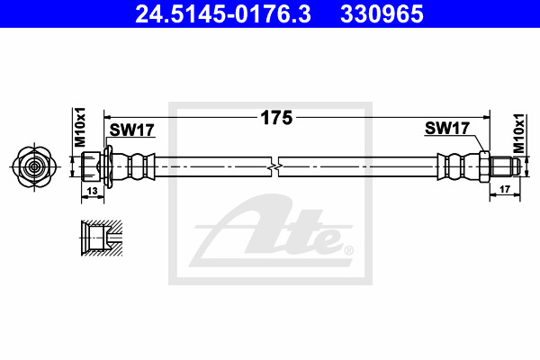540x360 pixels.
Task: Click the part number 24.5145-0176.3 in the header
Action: (223, 14)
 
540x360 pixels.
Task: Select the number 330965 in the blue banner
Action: (382, 14)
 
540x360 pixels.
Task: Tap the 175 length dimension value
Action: (276, 118)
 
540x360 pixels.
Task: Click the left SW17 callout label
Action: (132, 130)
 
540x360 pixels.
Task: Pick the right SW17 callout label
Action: (447, 128)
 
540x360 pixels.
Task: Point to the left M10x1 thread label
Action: (79, 127)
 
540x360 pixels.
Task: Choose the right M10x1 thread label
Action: (518, 133)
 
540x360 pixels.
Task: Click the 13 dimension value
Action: (93, 191)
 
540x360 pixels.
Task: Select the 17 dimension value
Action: (505, 189)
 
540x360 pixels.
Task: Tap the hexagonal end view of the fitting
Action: (34, 167)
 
